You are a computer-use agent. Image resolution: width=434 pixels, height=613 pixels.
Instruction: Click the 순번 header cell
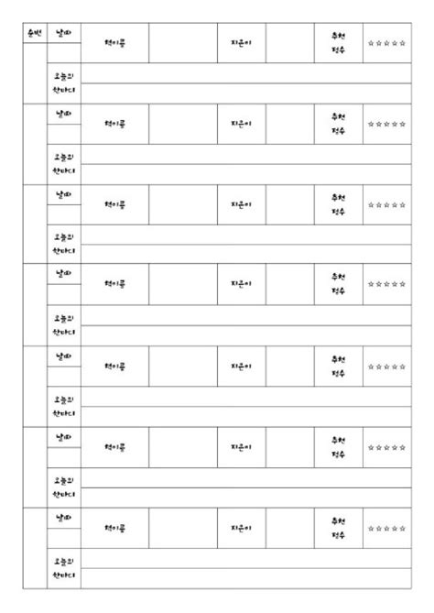35,34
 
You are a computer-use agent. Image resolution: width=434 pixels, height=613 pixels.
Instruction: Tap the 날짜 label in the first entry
63,34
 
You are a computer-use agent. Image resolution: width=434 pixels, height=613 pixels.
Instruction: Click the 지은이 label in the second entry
242,124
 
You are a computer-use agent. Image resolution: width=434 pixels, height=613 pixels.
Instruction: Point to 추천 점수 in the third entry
338,204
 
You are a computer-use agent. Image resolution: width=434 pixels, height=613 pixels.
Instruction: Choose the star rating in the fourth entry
385,285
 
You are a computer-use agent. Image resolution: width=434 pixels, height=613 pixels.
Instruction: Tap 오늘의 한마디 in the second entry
63,163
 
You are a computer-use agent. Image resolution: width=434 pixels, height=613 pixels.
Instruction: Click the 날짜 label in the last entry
63,518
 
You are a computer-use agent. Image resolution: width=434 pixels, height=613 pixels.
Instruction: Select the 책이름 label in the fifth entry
114,366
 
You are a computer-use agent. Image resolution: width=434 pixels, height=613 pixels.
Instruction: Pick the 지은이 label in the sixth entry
242,446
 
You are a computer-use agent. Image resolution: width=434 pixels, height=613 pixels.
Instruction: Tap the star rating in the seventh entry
385,528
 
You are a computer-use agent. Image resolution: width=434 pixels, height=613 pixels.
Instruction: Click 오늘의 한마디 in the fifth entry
63,405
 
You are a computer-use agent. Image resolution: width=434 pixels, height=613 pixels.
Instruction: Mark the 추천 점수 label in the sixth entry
338,446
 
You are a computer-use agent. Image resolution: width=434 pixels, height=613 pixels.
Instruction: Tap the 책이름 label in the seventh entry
114,528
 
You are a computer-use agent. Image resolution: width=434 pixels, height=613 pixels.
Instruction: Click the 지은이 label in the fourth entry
242,285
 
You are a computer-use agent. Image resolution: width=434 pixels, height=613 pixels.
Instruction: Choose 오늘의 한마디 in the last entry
63,567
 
